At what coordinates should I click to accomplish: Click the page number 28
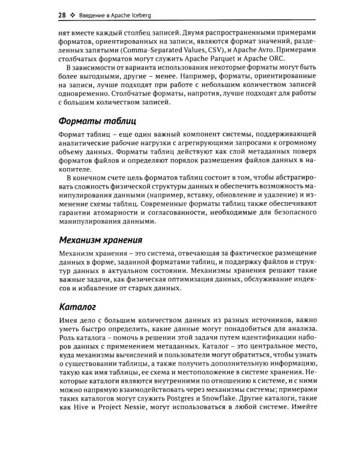[x=62, y=14]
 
